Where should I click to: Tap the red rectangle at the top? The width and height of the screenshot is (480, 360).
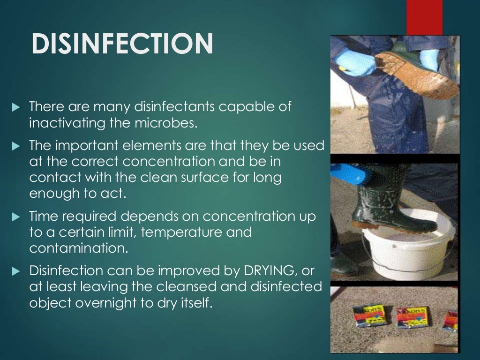pos(424,17)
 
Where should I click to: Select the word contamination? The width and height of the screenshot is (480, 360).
pos(78,248)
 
